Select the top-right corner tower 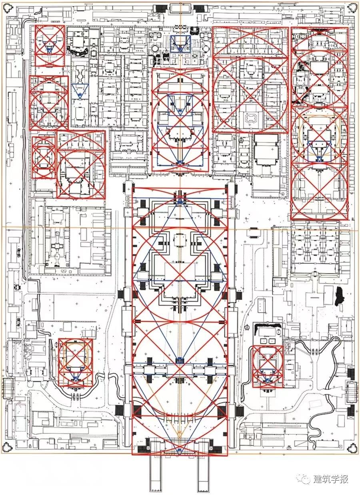tap(352, 8)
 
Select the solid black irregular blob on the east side tap(340, 295)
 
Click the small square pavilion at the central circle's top tap(180, 240)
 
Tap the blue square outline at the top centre tap(180, 44)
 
